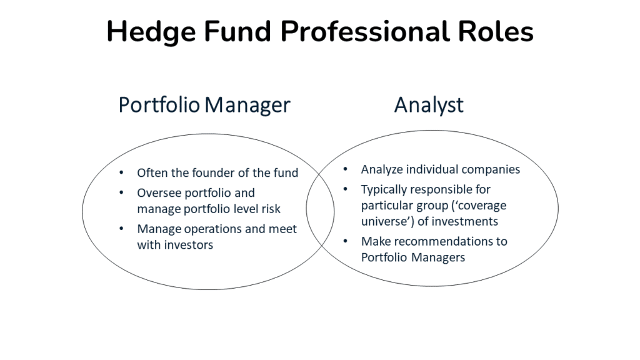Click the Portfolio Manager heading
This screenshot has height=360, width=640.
click(204, 105)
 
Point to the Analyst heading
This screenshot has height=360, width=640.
click(429, 105)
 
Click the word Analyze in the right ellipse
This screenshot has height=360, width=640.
click(383, 169)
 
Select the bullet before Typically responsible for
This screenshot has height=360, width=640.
click(346, 189)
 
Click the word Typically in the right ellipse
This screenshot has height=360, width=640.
click(384, 189)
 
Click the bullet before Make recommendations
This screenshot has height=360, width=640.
click(346, 241)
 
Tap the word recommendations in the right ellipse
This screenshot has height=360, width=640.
click(450, 241)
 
